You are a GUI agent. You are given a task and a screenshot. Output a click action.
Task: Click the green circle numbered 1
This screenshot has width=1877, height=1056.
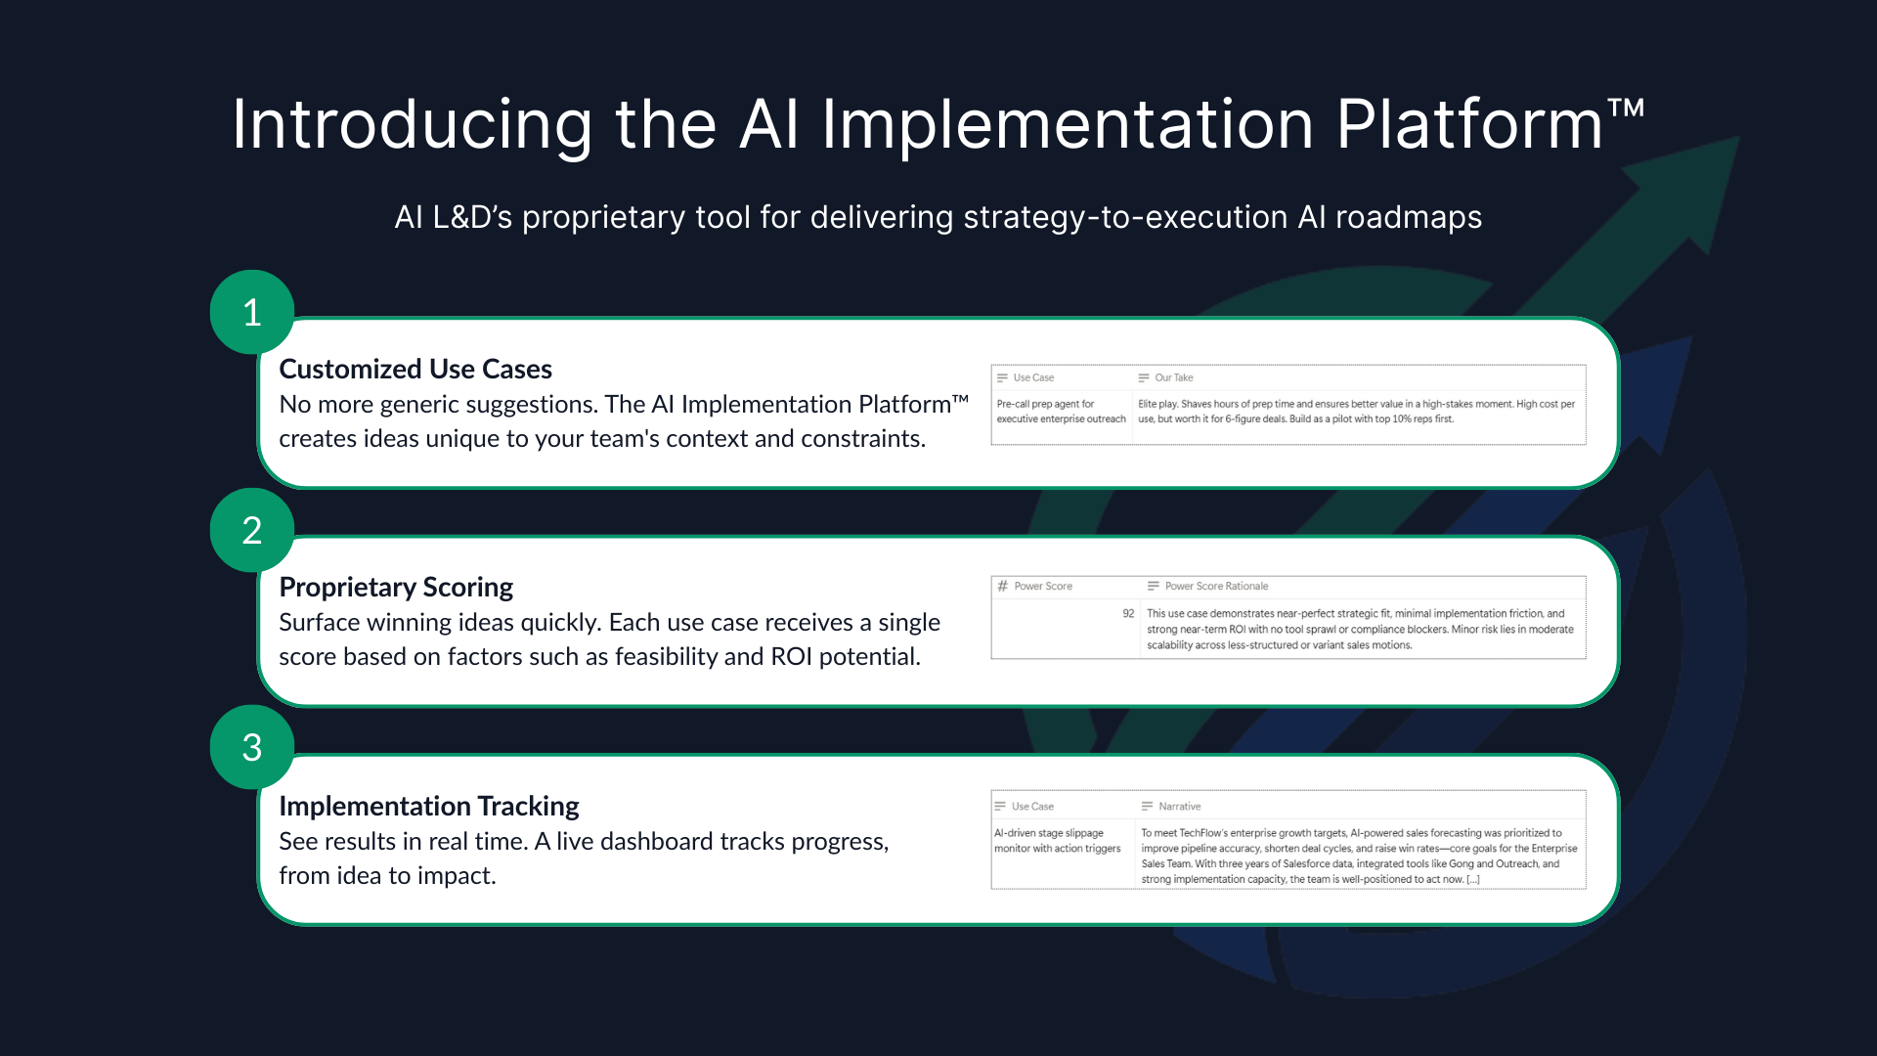coord(252,312)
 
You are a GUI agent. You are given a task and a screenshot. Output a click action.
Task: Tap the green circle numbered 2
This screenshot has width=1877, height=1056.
coord(252,530)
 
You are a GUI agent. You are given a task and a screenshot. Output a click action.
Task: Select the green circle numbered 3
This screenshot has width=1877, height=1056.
coord(252,748)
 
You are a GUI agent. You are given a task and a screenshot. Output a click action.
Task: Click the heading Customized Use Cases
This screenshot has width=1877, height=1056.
coord(415,369)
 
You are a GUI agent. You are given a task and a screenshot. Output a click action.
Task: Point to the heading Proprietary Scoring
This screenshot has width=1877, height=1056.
coord(396,587)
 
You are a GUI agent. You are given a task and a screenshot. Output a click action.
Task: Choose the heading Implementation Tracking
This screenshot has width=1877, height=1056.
coord(429,806)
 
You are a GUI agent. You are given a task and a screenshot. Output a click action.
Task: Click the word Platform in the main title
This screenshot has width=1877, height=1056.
coord(1469,125)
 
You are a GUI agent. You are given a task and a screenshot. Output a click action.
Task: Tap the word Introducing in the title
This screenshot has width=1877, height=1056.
coord(412,125)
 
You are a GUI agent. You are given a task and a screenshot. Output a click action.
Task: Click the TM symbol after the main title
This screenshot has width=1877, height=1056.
coord(1627,107)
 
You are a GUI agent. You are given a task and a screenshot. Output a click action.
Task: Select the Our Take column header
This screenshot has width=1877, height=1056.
coord(1173,377)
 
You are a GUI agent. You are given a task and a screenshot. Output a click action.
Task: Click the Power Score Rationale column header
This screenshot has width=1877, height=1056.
coord(1216,587)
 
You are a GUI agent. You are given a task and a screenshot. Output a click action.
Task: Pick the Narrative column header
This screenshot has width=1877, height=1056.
coord(1179,807)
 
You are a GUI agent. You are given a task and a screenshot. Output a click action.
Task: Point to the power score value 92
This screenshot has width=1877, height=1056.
coord(1128,614)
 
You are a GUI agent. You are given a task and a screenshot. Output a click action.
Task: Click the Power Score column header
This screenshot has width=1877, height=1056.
coord(1042,587)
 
